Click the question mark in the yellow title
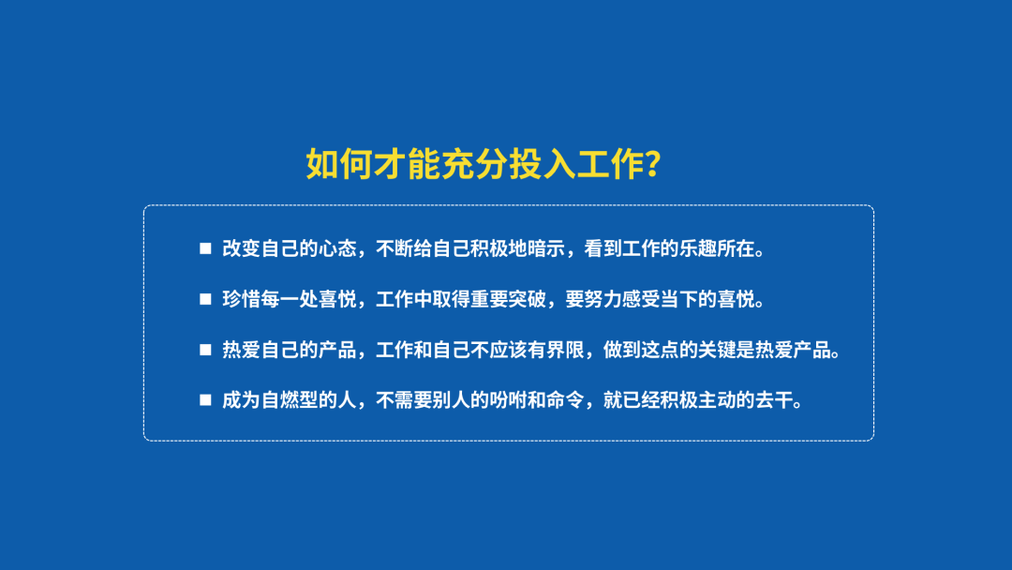coord(652,163)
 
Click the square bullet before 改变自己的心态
coord(205,248)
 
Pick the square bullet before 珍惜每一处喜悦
coord(205,299)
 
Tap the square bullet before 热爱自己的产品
coord(205,350)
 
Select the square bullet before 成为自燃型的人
coord(205,400)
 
